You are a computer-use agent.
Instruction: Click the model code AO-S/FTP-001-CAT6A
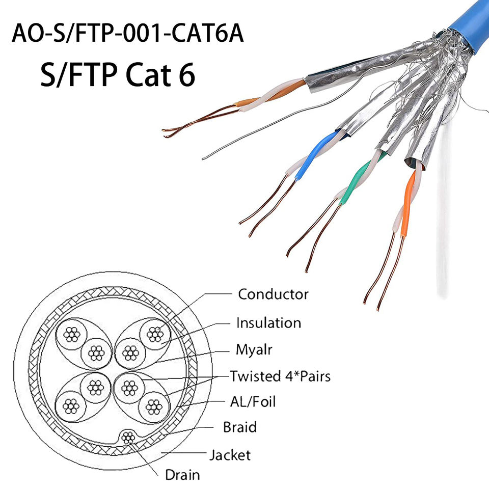(x=128, y=34)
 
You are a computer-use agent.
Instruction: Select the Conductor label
(x=273, y=294)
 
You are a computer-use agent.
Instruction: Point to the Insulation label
(x=268, y=323)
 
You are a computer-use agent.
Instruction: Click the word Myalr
(x=253, y=350)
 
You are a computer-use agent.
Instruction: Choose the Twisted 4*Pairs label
(x=280, y=376)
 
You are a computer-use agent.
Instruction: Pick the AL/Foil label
(x=253, y=401)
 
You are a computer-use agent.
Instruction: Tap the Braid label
(x=240, y=427)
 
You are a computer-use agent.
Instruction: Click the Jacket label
(x=230, y=454)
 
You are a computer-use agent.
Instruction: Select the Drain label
(x=182, y=475)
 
